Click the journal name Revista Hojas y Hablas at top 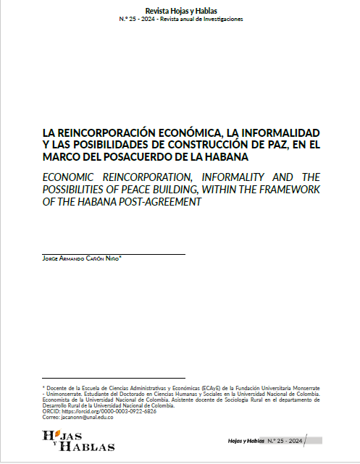[180, 10]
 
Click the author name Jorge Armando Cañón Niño [82, 258]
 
